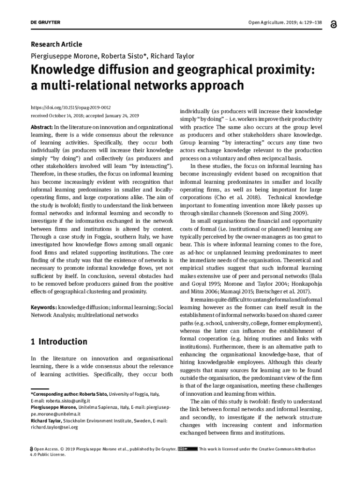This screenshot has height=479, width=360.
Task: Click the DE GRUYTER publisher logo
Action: (45, 22)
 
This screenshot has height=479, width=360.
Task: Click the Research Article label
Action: (56, 44)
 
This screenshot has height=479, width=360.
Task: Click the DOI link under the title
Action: (71, 107)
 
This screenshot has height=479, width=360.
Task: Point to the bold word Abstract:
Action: (42, 127)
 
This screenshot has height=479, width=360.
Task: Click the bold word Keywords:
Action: (44, 307)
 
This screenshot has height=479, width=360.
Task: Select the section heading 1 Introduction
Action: (59, 341)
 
